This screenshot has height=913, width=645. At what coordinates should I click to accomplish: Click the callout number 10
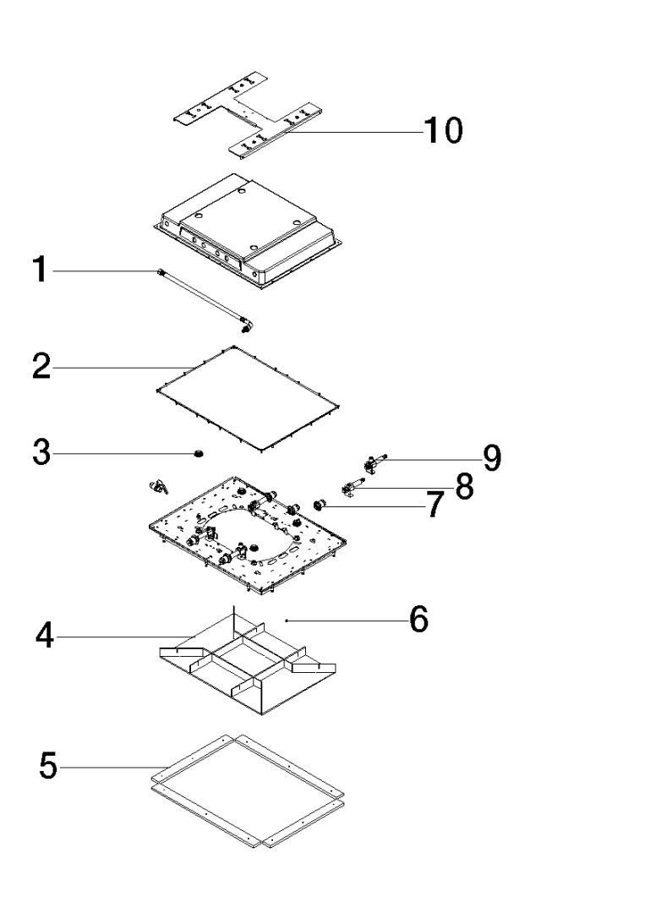[442, 131]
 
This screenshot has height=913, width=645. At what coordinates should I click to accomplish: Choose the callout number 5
[49, 768]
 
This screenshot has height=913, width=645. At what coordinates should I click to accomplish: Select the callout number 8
[464, 486]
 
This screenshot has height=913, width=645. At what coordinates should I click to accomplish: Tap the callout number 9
[492, 458]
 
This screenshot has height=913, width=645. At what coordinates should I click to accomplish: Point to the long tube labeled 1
[203, 295]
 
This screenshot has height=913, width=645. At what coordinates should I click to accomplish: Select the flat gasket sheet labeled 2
[250, 397]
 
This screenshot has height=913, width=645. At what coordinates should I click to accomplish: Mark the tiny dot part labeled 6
[287, 621]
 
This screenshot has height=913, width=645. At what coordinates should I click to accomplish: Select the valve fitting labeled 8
[350, 487]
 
